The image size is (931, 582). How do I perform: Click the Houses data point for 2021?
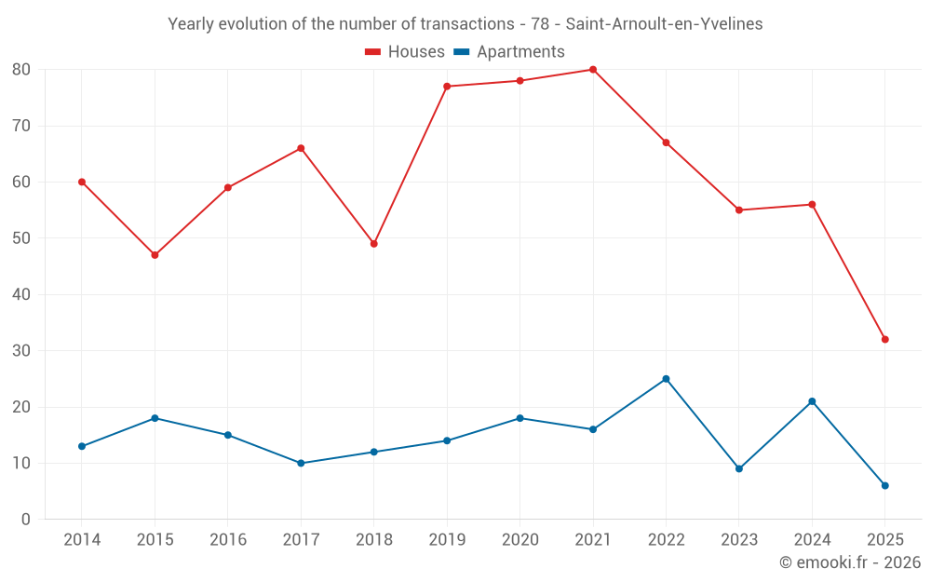tap(593, 70)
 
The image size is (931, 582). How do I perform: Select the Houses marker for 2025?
tap(885, 340)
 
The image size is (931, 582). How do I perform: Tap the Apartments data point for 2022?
tap(666, 379)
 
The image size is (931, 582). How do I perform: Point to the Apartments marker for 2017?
tap(301, 463)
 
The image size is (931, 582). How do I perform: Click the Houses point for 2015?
tap(155, 255)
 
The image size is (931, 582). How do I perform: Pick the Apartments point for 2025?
tap(885, 485)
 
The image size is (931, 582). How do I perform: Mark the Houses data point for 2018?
tap(373, 244)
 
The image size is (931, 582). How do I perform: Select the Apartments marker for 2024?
tap(812, 401)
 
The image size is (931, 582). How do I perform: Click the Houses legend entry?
tap(405, 52)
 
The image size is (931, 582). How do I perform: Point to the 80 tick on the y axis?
tap(21, 70)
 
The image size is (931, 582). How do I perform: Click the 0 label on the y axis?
tap(26, 520)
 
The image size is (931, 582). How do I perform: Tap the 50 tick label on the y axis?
tap(21, 238)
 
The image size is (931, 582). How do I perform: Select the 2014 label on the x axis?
tap(82, 540)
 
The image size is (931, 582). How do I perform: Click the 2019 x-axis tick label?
tap(447, 540)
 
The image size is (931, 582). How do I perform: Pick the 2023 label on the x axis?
tap(739, 540)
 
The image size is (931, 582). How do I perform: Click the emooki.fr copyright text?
tap(849, 562)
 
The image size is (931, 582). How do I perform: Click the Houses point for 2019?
tap(447, 87)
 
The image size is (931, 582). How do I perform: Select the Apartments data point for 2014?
tap(82, 446)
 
